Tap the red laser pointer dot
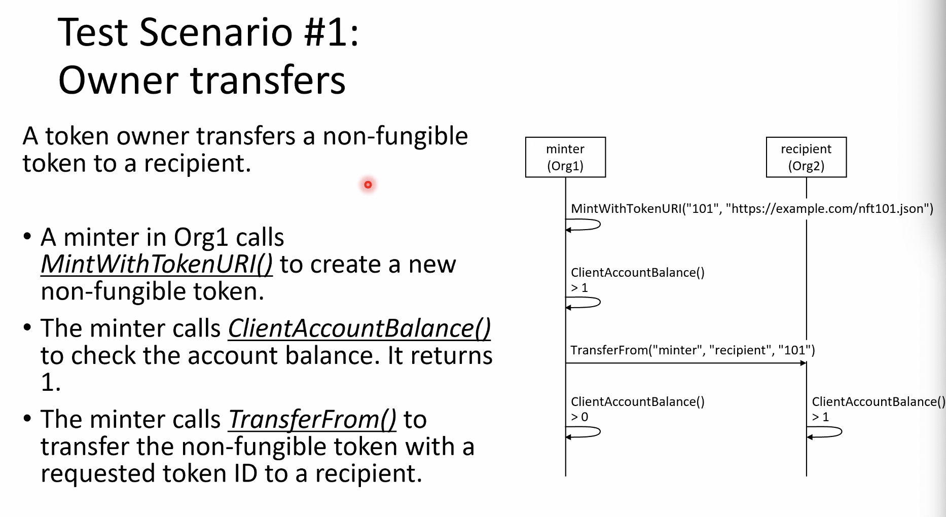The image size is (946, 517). point(368,184)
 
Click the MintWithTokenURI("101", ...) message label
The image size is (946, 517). point(752,208)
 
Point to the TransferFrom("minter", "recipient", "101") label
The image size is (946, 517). point(693,350)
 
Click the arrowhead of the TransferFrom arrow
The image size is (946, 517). point(804,363)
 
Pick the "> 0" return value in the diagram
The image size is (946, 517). point(579,417)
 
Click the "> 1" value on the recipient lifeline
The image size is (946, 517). point(820,417)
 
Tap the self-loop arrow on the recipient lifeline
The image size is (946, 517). point(841,431)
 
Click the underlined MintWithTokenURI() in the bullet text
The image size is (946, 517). point(157,264)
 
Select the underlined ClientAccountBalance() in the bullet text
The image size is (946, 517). point(359,328)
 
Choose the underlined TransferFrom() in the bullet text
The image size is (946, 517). point(312,420)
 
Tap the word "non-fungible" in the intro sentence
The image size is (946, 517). point(395,136)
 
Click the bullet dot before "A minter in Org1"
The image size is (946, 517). point(27,237)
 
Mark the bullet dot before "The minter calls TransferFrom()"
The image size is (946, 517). point(27,419)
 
